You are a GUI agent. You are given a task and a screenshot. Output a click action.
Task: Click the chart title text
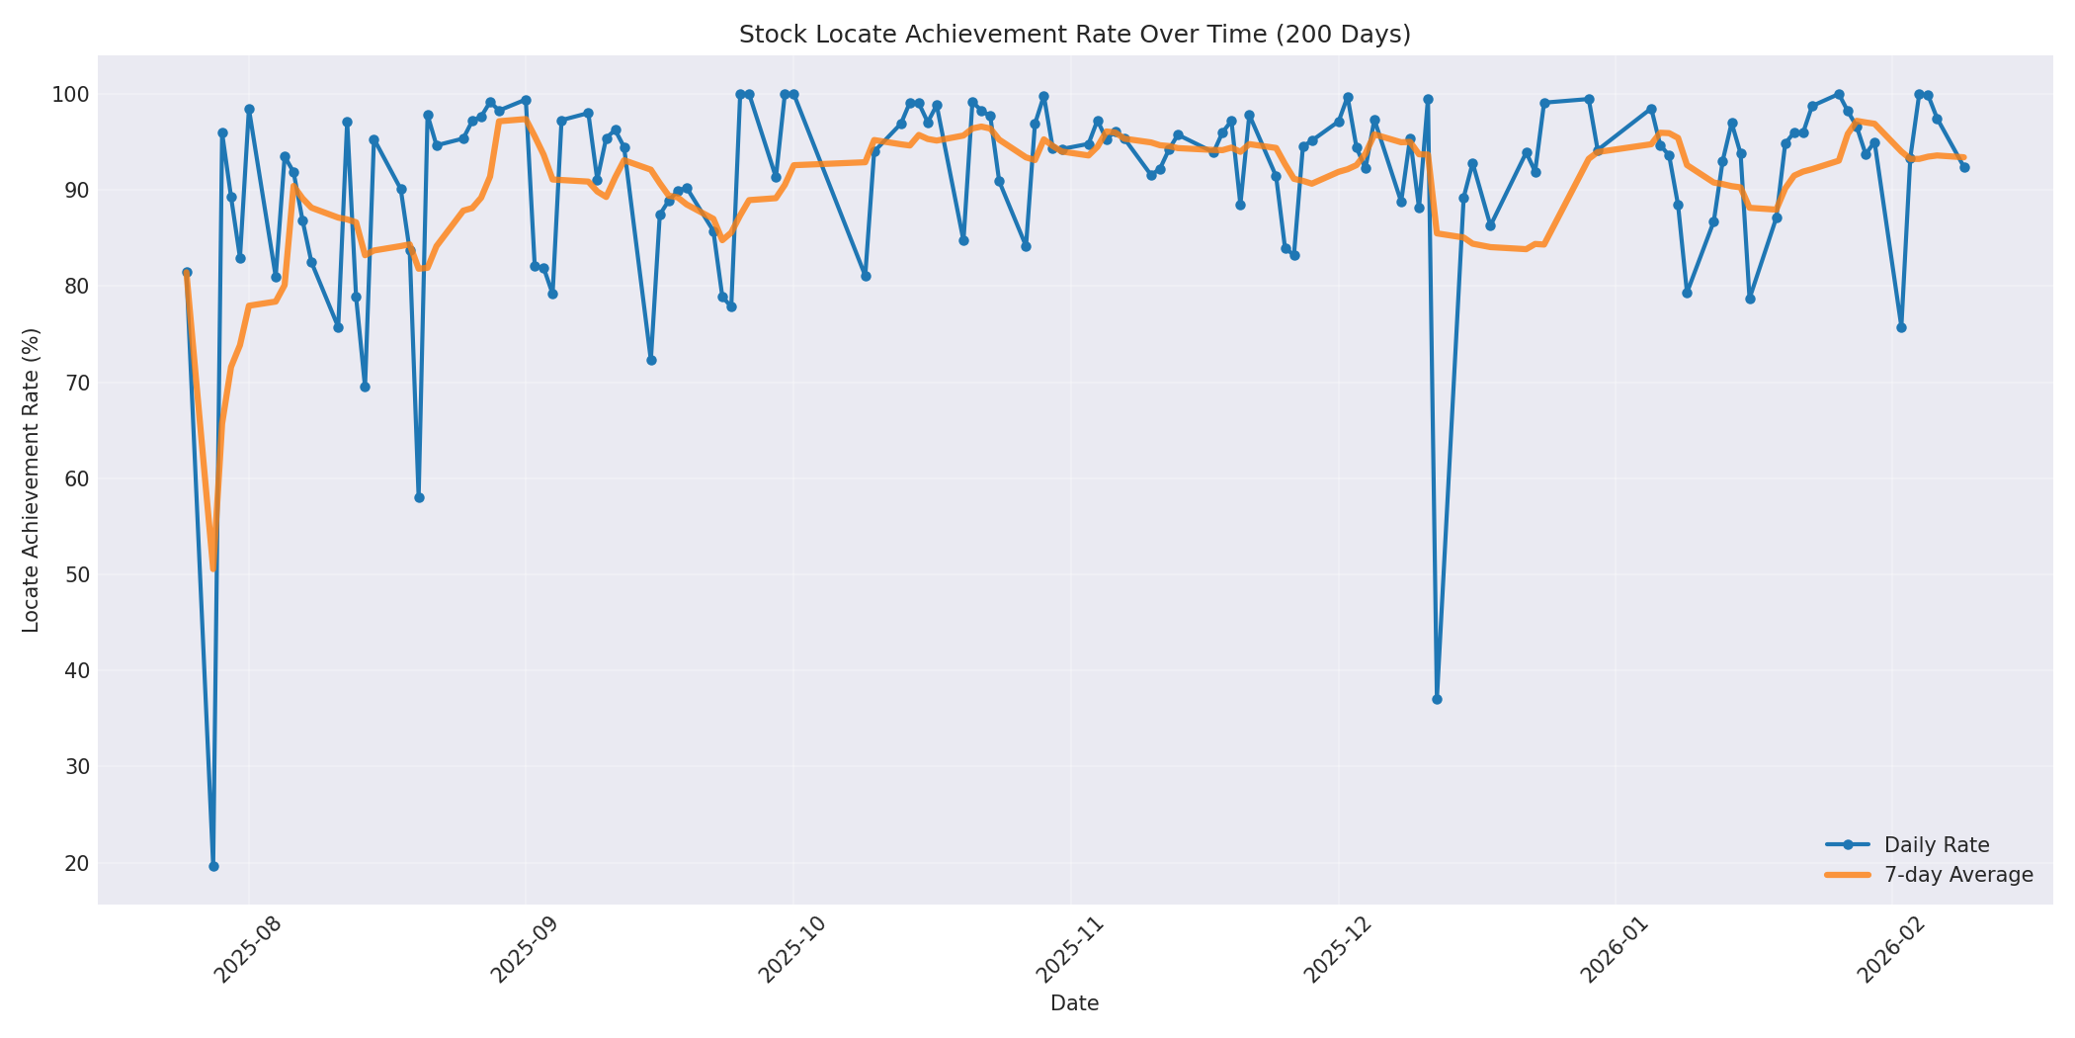(1074, 35)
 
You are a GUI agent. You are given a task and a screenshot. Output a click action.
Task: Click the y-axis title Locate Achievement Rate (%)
(31, 480)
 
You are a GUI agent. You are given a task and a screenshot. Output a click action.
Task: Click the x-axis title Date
(1074, 1003)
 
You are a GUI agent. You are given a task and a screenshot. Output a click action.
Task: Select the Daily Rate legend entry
(1936, 845)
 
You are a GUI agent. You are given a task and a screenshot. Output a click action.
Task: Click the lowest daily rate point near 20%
(213, 866)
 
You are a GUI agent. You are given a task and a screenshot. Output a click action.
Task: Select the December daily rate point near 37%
(1437, 699)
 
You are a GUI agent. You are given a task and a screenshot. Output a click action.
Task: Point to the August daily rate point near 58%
(419, 497)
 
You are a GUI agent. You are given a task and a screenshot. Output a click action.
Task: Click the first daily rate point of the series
(187, 272)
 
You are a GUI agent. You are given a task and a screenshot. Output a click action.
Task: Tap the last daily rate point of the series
(1964, 167)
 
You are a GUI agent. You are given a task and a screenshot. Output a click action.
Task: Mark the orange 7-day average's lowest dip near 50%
(212, 568)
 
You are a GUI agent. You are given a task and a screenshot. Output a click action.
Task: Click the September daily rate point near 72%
(651, 360)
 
